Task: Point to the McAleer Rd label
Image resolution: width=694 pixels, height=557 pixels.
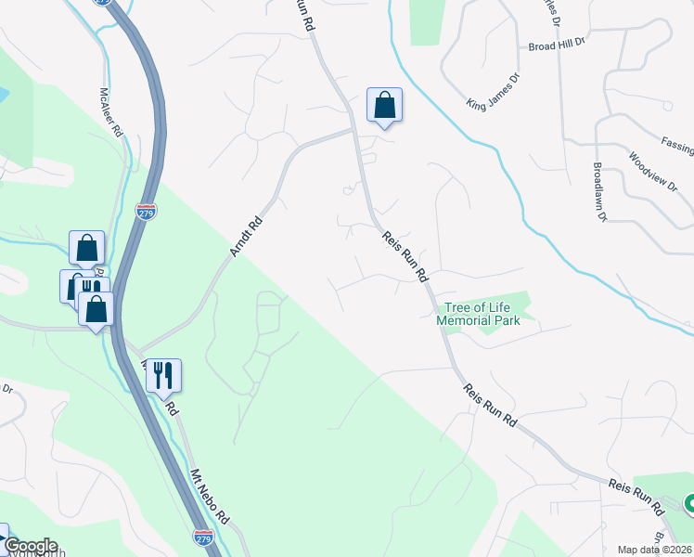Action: pos(111,113)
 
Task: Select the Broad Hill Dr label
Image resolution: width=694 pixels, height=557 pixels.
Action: pos(557,44)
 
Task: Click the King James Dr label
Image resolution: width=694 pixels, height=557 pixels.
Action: pos(494,92)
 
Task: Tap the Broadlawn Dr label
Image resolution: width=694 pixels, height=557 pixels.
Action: pos(598,193)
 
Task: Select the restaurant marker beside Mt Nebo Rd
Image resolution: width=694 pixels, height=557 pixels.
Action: pos(163,375)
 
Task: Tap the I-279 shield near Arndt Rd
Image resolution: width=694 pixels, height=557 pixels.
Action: pos(146,212)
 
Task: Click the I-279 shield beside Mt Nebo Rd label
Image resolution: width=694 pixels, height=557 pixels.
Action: pos(203,537)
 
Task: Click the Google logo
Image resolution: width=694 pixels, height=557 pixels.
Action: pos(30,546)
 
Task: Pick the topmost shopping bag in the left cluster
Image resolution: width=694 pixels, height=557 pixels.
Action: pos(86,249)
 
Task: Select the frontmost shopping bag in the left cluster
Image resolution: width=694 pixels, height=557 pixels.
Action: pos(96,310)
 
